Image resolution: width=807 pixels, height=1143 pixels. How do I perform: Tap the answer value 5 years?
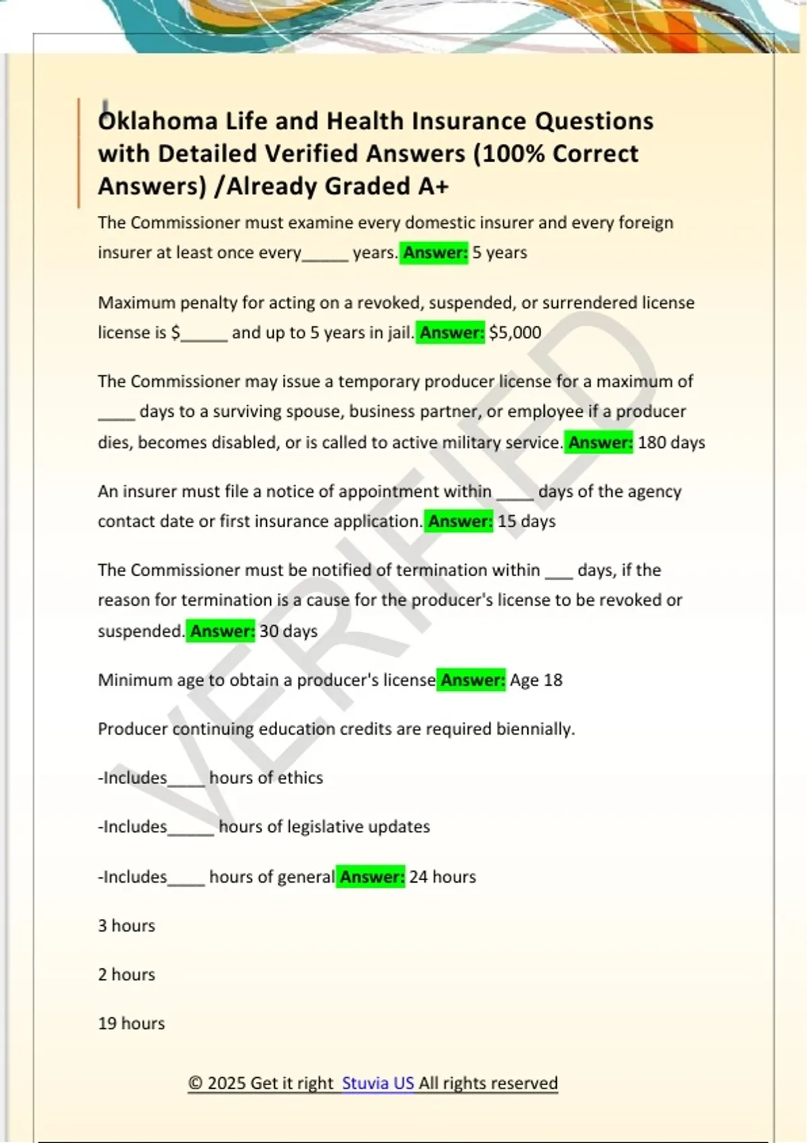pos(500,253)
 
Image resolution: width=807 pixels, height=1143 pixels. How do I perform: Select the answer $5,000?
pos(515,332)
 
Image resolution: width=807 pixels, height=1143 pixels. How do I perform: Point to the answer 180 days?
pos(671,442)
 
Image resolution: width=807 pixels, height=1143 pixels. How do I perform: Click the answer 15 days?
pos(527,521)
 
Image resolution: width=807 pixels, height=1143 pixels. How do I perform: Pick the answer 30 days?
pos(289,631)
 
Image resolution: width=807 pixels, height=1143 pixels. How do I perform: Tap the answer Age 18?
pos(536,680)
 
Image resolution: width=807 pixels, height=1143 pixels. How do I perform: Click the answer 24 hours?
pos(443,877)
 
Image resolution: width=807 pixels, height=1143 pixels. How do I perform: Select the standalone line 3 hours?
pos(126,926)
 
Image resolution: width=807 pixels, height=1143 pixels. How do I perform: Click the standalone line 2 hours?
pos(126,974)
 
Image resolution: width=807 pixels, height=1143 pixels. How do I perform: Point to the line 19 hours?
pos(131,1023)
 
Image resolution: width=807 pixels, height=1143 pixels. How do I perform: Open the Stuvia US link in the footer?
pos(378,1083)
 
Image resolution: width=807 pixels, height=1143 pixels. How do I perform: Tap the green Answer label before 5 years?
pos(434,253)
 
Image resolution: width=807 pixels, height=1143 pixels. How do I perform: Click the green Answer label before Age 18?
pos(472,680)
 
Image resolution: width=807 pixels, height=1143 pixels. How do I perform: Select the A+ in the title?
pos(432,186)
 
